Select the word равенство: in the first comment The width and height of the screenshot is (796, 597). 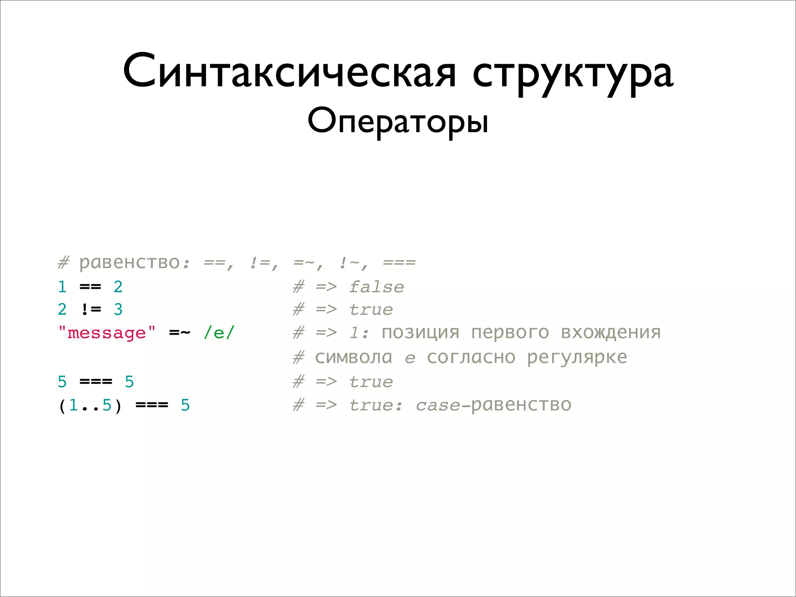[x=134, y=263]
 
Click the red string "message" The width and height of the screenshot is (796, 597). [x=107, y=333]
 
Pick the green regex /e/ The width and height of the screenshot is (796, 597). [x=219, y=333]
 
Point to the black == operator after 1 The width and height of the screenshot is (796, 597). [x=90, y=287]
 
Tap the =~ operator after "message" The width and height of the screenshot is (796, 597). [x=180, y=333]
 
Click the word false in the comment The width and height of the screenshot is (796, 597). [x=376, y=287]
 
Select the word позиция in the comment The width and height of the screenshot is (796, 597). [x=421, y=333]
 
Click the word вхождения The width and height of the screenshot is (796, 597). [x=611, y=333]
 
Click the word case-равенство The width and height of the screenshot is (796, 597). [x=493, y=405]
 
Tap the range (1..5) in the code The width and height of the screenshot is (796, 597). [x=90, y=405]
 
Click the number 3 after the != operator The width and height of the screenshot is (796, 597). [x=118, y=310]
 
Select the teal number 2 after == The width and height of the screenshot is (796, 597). [x=118, y=287]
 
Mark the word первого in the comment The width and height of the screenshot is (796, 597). [x=510, y=333]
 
